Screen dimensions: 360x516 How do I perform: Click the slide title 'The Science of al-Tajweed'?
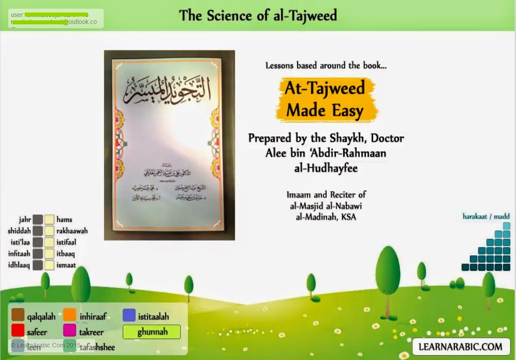click(x=258, y=15)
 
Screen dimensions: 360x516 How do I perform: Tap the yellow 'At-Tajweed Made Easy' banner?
click(x=325, y=99)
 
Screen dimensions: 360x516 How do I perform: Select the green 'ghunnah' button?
click(x=151, y=332)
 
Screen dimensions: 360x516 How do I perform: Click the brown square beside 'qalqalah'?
click(x=18, y=316)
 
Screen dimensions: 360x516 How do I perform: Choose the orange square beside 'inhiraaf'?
click(x=69, y=316)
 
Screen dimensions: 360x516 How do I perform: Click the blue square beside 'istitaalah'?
click(x=129, y=316)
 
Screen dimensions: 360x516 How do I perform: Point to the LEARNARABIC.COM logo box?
click(x=461, y=347)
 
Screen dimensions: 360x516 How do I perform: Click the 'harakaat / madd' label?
click(x=486, y=217)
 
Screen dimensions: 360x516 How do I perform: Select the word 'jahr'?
click(x=25, y=219)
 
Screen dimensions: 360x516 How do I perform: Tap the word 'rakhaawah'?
click(x=72, y=231)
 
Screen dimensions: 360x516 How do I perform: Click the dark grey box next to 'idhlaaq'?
click(x=38, y=265)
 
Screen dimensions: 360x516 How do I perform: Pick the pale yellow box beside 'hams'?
click(x=49, y=219)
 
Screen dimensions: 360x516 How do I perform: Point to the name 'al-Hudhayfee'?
click(x=326, y=168)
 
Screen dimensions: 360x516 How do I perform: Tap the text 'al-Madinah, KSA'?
click(x=325, y=217)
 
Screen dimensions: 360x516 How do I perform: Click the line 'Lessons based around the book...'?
click(x=326, y=66)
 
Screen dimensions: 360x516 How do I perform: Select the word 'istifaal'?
click(x=66, y=242)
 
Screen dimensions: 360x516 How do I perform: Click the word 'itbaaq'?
click(x=65, y=254)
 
